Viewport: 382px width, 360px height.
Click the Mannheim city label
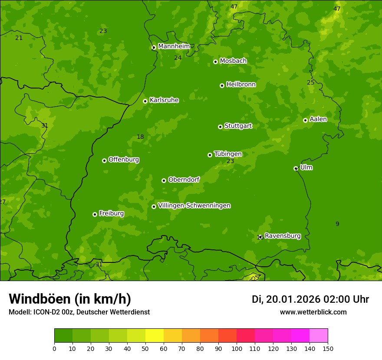click(x=174, y=46)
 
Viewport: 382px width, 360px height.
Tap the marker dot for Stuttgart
click(x=220, y=127)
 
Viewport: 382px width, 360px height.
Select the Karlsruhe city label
click(x=164, y=100)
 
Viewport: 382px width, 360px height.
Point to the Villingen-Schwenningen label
click(x=194, y=206)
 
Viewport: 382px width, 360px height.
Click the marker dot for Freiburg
click(x=95, y=214)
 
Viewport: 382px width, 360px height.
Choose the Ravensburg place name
click(x=283, y=236)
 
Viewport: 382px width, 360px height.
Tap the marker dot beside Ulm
click(x=296, y=168)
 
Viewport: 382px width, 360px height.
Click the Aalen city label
click(x=318, y=119)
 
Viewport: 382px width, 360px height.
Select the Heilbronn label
click(x=241, y=85)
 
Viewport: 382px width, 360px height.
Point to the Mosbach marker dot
click(x=215, y=62)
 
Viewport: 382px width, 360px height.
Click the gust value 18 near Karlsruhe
click(x=140, y=137)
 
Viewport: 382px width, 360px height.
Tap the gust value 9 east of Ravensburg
click(x=337, y=224)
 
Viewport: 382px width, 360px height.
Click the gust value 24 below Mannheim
click(x=178, y=58)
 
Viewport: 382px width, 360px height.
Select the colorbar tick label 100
click(x=237, y=349)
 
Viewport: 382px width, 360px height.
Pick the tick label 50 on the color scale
click(x=145, y=349)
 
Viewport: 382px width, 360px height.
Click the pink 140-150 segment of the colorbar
click(x=319, y=336)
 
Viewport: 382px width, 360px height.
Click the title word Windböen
click(x=39, y=299)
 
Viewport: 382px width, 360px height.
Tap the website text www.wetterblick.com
click(x=313, y=312)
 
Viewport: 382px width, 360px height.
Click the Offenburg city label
click(x=124, y=160)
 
